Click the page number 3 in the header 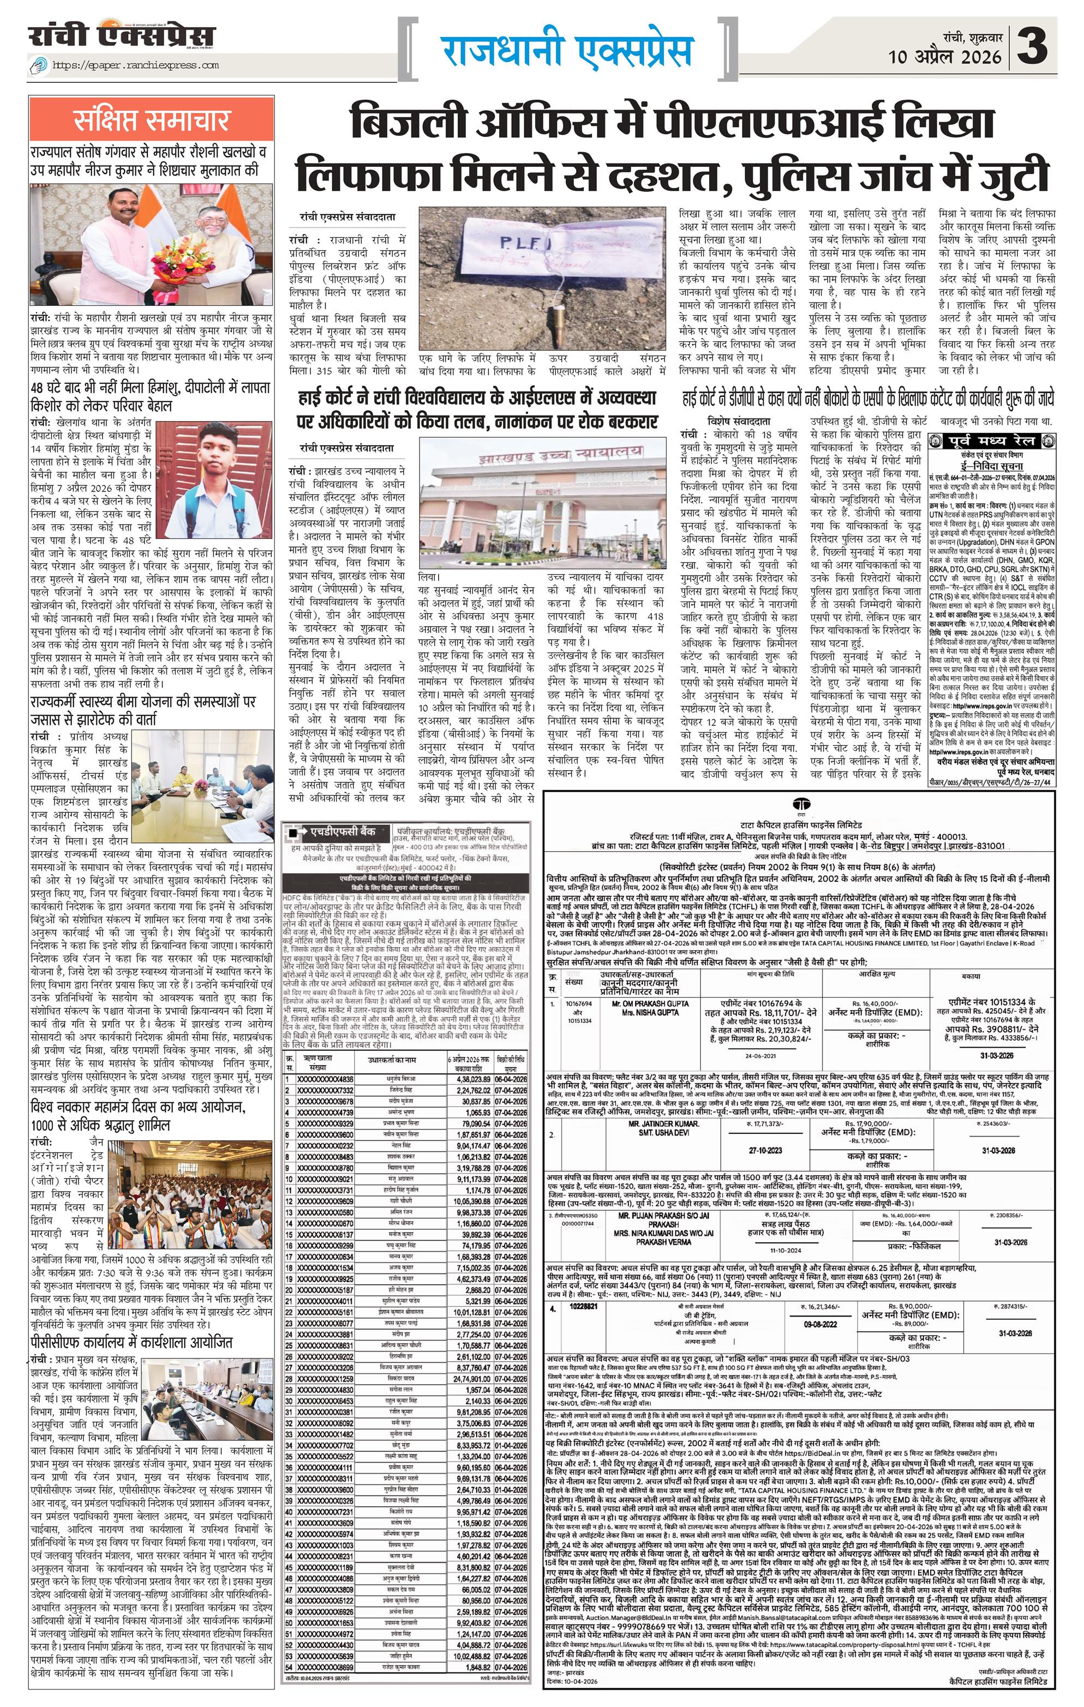pyautogui.click(x=1046, y=47)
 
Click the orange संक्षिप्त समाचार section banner pyautogui.click(x=149, y=121)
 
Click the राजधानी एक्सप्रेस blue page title pyautogui.click(x=567, y=50)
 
